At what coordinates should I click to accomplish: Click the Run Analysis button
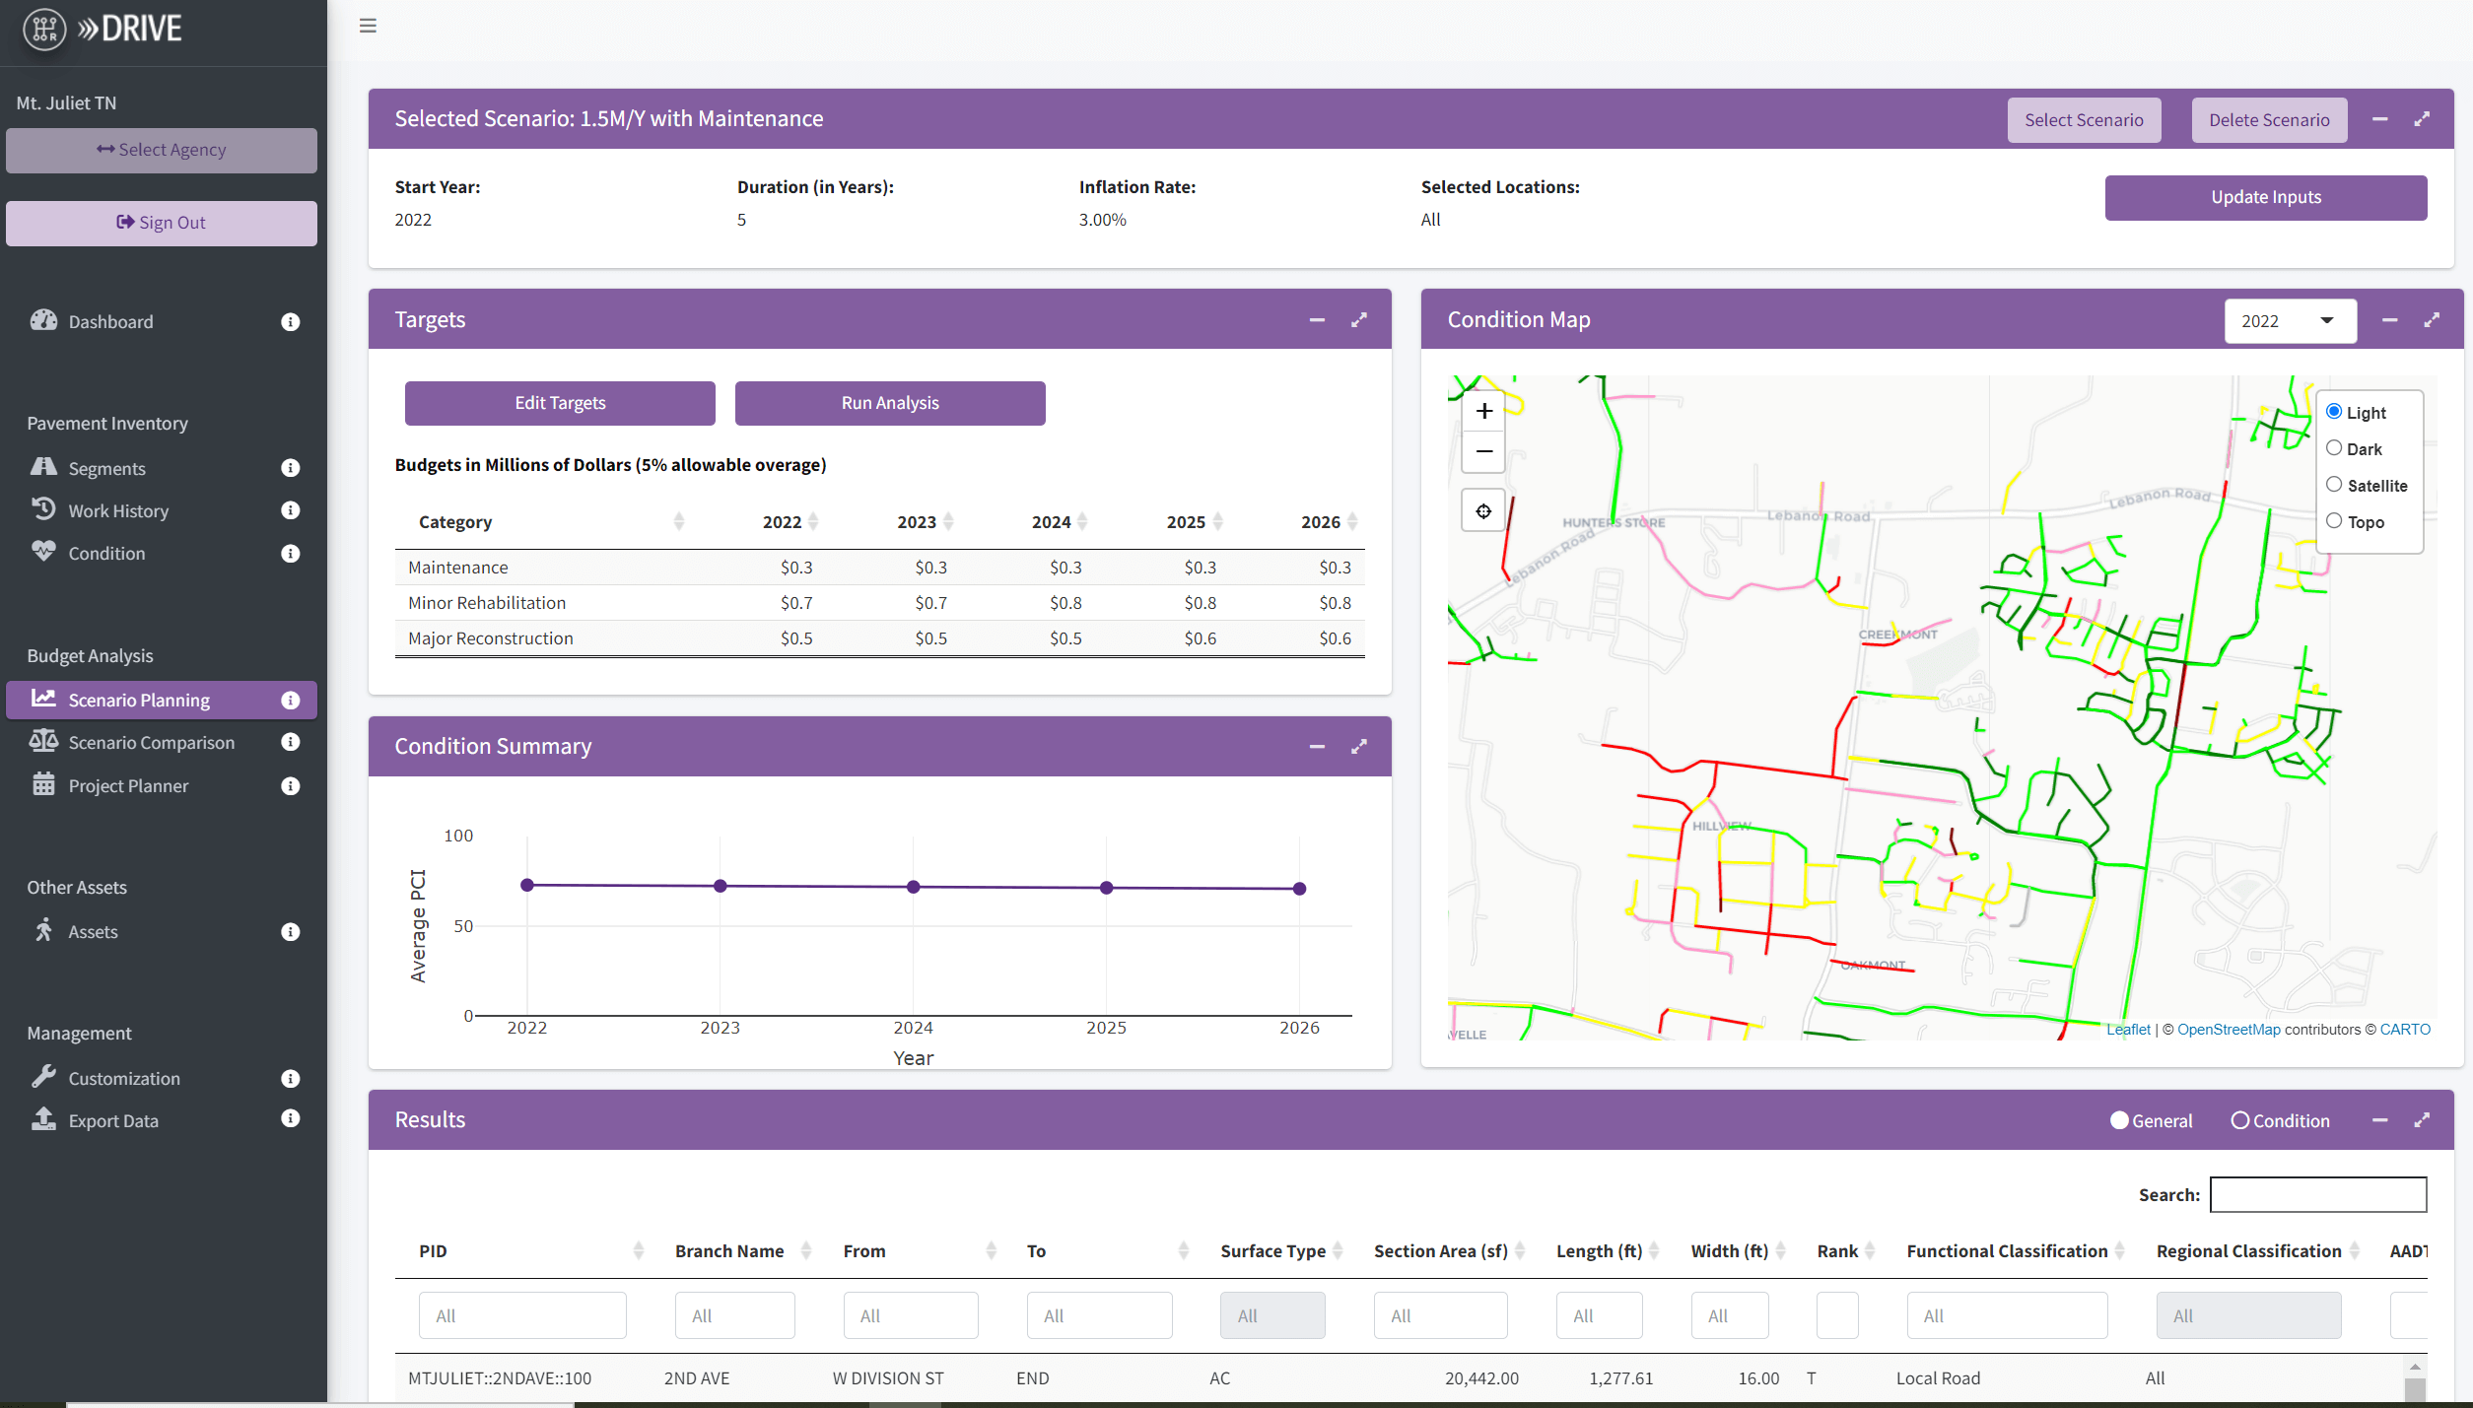pos(889,403)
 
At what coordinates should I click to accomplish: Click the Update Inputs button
pos(2265,197)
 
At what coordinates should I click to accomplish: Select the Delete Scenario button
pos(2268,120)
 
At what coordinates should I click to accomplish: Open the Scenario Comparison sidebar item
pos(151,742)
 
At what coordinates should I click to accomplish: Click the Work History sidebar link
pos(118,510)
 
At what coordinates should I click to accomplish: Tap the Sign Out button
pos(161,223)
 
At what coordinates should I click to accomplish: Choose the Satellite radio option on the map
pos(2334,485)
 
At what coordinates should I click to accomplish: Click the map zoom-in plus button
pos(1483,411)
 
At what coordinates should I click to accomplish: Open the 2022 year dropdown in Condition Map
pos(2289,321)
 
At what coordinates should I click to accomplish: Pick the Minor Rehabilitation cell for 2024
pos(1065,603)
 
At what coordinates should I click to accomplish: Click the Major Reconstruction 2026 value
pos(1335,638)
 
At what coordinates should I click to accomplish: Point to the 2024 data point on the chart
pos(913,887)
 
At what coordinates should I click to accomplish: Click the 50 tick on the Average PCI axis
pos(463,926)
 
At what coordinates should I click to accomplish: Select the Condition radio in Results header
pos(2240,1120)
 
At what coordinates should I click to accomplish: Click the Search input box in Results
pos(2317,1194)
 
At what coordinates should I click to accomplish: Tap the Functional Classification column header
pos(2006,1250)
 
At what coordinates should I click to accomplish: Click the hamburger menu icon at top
pos(368,26)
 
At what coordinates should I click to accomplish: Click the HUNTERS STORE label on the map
pos(1613,522)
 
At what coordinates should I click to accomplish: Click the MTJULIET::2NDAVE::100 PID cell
pos(500,1377)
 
